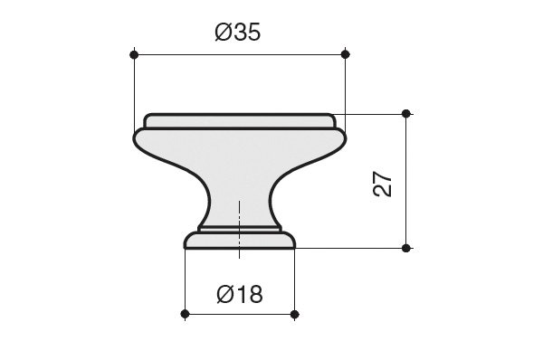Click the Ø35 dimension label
237,33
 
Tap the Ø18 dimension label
240,295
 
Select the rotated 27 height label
383,184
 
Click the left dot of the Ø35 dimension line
134,54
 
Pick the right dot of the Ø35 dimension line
346,54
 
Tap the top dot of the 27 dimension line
406,113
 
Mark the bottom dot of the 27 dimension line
406,248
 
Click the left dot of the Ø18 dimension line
185,314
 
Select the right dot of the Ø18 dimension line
294,314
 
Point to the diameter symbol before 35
223,33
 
